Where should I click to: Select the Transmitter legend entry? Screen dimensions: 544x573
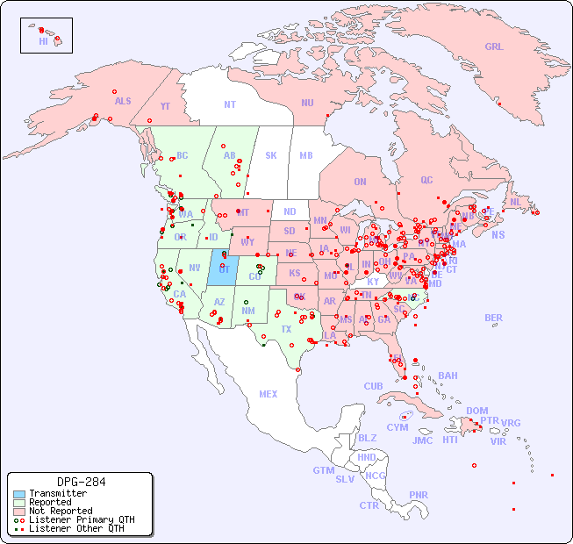pyautogui.click(x=57, y=493)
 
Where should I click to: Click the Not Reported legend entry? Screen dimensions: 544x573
pyautogui.click(x=60, y=511)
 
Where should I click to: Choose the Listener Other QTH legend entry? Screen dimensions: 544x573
pyautogui.click(x=75, y=528)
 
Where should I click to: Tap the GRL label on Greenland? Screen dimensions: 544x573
pyautogui.click(x=494, y=47)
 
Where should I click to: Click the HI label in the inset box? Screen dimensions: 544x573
pyautogui.click(x=43, y=40)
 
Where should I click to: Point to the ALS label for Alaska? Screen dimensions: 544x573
pyautogui.click(x=123, y=101)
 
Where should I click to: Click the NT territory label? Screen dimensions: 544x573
pyautogui.click(x=229, y=104)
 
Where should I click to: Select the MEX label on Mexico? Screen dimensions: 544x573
pyautogui.click(x=269, y=394)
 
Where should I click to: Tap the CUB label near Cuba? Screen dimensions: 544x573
pyautogui.click(x=373, y=386)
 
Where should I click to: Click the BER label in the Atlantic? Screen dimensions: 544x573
pyautogui.click(x=493, y=318)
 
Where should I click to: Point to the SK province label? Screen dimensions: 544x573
pyautogui.click(x=271, y=155)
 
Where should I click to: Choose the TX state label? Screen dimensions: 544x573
pyautogui.click(x=286, y=329)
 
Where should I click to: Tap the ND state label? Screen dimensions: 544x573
pyautogui.click(x=290, y=211)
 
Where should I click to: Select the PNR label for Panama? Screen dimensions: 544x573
pyautogui.click(x=419, y=495)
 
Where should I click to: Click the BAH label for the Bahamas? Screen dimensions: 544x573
pyautogui.click(x=448, y=376)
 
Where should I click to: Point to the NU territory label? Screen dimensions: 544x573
pyautogui.click(x=307, y=103)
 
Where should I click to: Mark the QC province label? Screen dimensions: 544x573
pyautogui.click(x=426, y=180)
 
